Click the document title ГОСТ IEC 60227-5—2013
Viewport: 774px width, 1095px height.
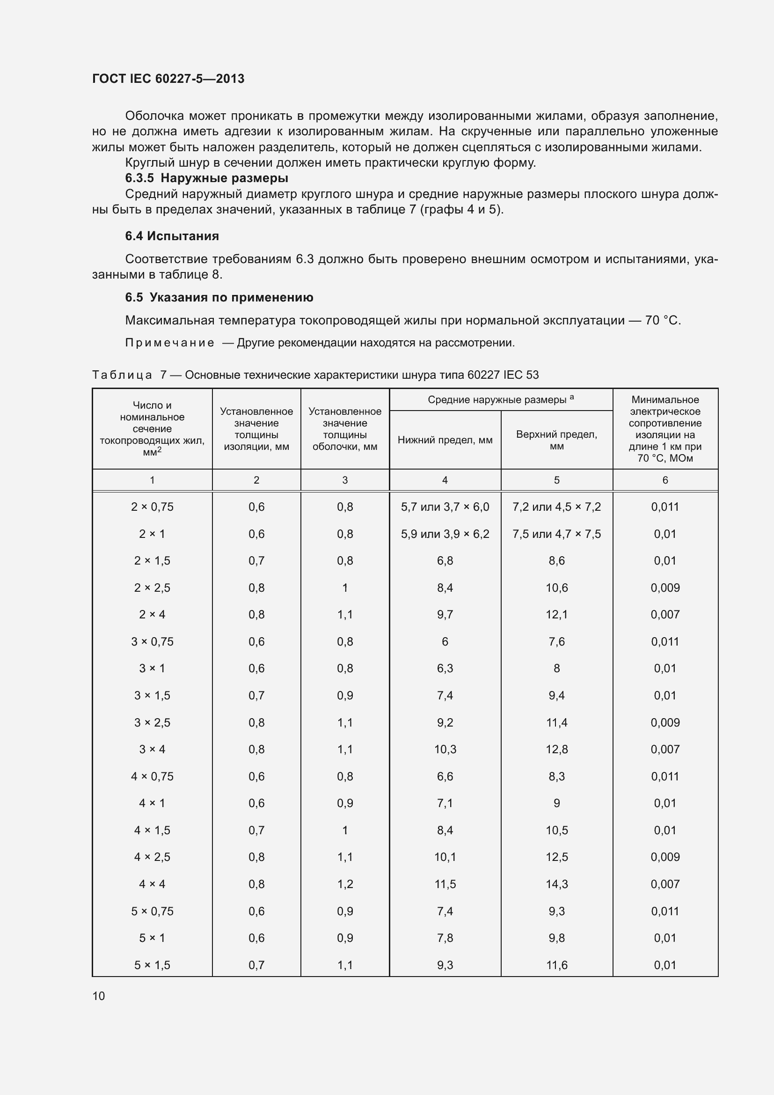pos(168,79)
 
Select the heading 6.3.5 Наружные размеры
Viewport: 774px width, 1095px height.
pos(206,178)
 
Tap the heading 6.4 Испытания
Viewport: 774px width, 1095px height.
pos(172,236)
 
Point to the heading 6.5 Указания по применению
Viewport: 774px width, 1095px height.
pos(219,298)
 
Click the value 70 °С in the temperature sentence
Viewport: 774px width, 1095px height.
pos(662,321)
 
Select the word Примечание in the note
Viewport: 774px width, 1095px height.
pos(170,343)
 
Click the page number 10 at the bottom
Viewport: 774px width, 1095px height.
pos(99,996)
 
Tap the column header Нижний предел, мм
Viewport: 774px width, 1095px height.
pos(445,440)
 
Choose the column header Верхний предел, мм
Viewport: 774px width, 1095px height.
pos(556,440)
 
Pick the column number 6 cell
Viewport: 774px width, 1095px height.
pos(665,480)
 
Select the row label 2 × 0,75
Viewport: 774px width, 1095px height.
pos(152,507)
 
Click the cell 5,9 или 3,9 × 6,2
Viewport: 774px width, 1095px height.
pos(445,534)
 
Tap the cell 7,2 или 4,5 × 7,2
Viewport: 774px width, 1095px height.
pos(556,507)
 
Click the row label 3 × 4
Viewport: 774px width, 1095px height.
pos(152,749)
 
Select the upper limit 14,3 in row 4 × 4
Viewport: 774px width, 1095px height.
pos(556,884)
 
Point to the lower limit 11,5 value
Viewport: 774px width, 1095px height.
pos(445,884)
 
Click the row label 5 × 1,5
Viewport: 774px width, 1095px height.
pos(152,965)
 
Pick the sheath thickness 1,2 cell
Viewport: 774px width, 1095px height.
pos(344,884)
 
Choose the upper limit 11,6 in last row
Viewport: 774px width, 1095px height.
pos(556,965)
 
